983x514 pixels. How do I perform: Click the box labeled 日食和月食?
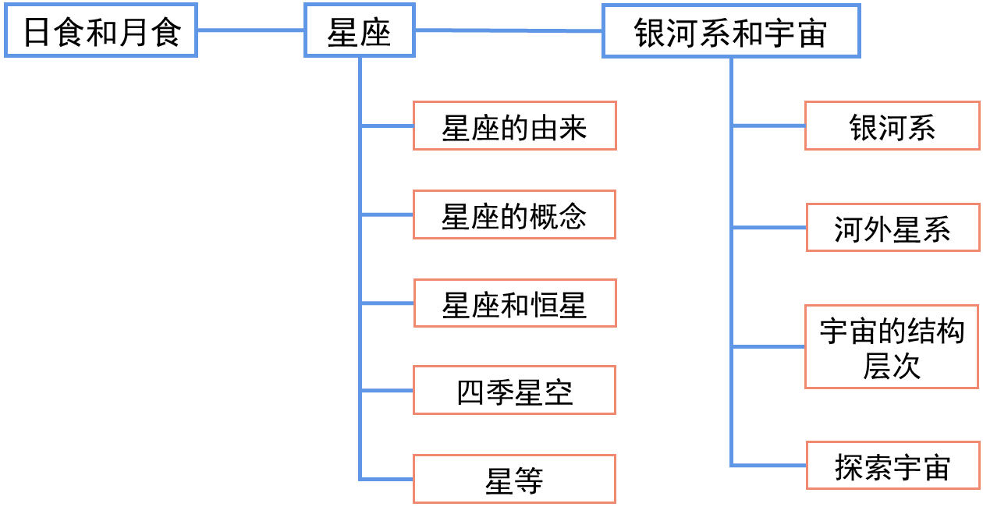tap(101, 30)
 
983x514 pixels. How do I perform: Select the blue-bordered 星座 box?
tap(359, 30)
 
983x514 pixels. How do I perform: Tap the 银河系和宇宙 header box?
tap(731, 31)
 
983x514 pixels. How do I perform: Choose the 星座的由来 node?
tap(514, 126)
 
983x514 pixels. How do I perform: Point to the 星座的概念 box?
tap(514, 214)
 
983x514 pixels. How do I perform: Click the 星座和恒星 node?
tap(514, 303)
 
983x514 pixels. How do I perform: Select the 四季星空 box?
tap(514, 390)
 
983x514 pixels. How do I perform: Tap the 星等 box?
tap(514, 479)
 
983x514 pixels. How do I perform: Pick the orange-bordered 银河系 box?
tap(892, 126)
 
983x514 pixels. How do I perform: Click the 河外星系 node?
tap(892, 228)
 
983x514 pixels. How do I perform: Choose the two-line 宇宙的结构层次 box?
tap(892, 347)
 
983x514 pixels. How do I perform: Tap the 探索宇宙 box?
tap(892, 466)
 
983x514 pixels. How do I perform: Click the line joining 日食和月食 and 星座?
tap(250, 30)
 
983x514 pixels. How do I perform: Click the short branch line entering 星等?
tap(386, 479)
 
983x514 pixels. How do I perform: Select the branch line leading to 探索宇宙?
tap(768, 466)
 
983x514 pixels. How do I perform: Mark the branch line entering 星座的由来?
tap(386, 126)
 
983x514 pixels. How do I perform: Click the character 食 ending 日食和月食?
tap(165, 31)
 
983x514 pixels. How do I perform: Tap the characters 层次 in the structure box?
tap(892, 367)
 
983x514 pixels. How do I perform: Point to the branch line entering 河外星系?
tap(768, 228)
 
